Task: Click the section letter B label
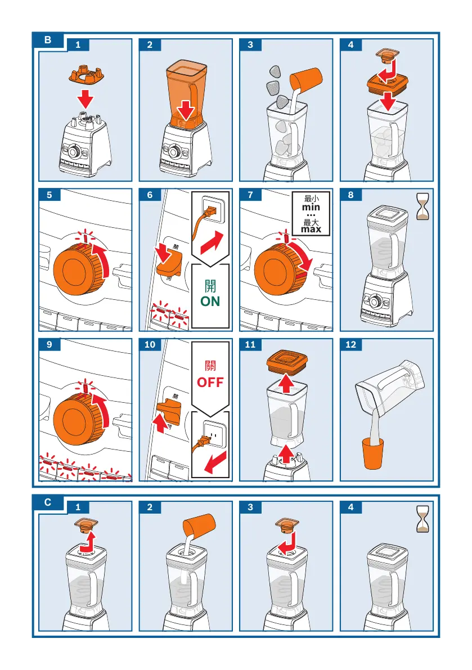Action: pos(48,40)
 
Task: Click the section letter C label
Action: pos(48,502)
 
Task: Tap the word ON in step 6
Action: pos(210,302)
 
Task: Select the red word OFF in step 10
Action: pos(210,382)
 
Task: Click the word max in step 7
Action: pos(311,230)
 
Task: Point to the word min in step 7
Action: pos(311,207)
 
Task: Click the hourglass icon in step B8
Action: pos(423,206)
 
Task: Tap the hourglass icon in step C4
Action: pos(423,519)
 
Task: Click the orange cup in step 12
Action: pos(373,453)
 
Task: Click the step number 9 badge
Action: pos(50,345)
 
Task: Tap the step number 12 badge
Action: pos(351,345)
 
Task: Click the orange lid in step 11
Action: pos(287,362)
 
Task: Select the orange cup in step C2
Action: pos(199,525)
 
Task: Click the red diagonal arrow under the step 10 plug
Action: pos(215,463)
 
